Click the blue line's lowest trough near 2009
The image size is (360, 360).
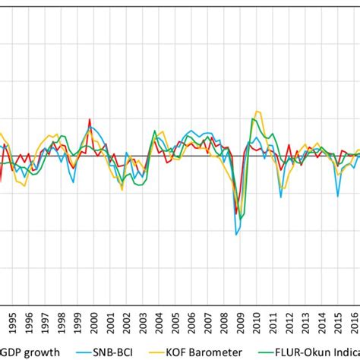pyautogui.click(x=236, y=234)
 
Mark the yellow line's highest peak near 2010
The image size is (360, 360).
pyautogui.click(x=257, y=111)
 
